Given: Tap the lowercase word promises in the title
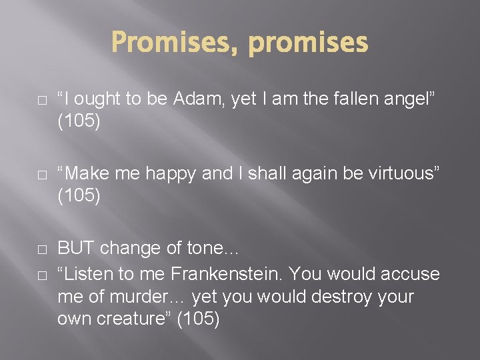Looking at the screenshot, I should coord(307,43).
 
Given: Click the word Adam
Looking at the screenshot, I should coord(201,99).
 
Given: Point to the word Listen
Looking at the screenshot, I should coord(87,273).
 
